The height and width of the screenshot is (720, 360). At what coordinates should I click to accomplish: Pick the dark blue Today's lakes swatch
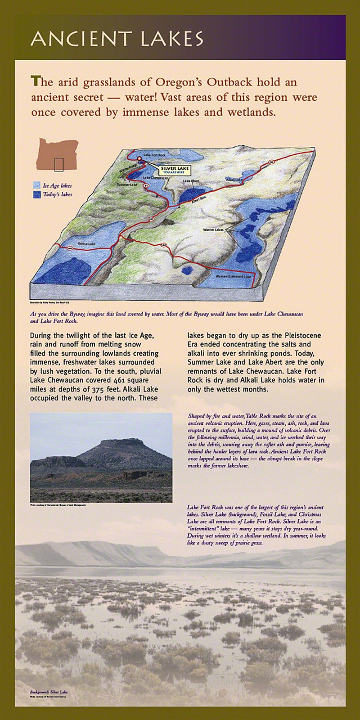(36, 195)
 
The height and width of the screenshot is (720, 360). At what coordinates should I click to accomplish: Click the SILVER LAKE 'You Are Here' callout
(171, 170)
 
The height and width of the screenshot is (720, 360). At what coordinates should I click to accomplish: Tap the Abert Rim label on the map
(197, 201)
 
